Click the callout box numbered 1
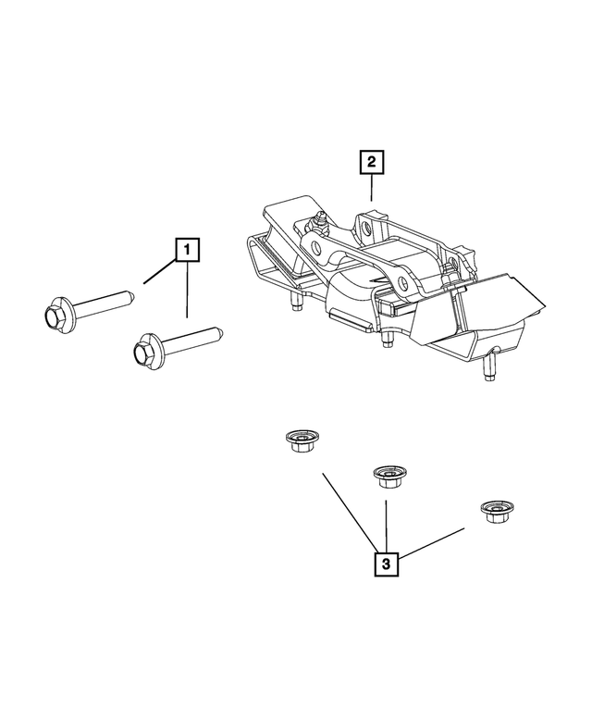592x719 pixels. pos(187,249)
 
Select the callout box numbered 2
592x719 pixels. pos(372,164)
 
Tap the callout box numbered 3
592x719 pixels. pos(386,563)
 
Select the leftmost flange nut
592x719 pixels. pos(298,442)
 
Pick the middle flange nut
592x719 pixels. pos(386,477)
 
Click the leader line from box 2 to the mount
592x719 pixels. pos(372,189)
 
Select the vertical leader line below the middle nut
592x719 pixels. pos(386,523)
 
